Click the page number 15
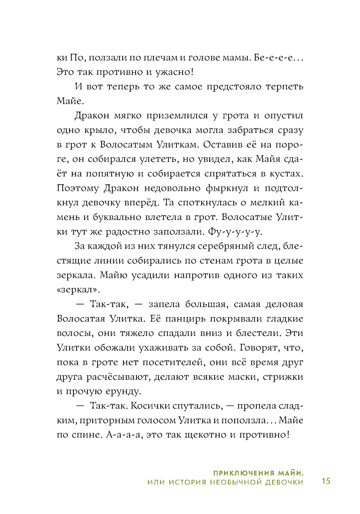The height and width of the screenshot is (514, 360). coord(326,481)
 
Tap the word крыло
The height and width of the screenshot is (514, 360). coord(99,130)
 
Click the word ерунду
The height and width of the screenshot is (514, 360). coord(122,391)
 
